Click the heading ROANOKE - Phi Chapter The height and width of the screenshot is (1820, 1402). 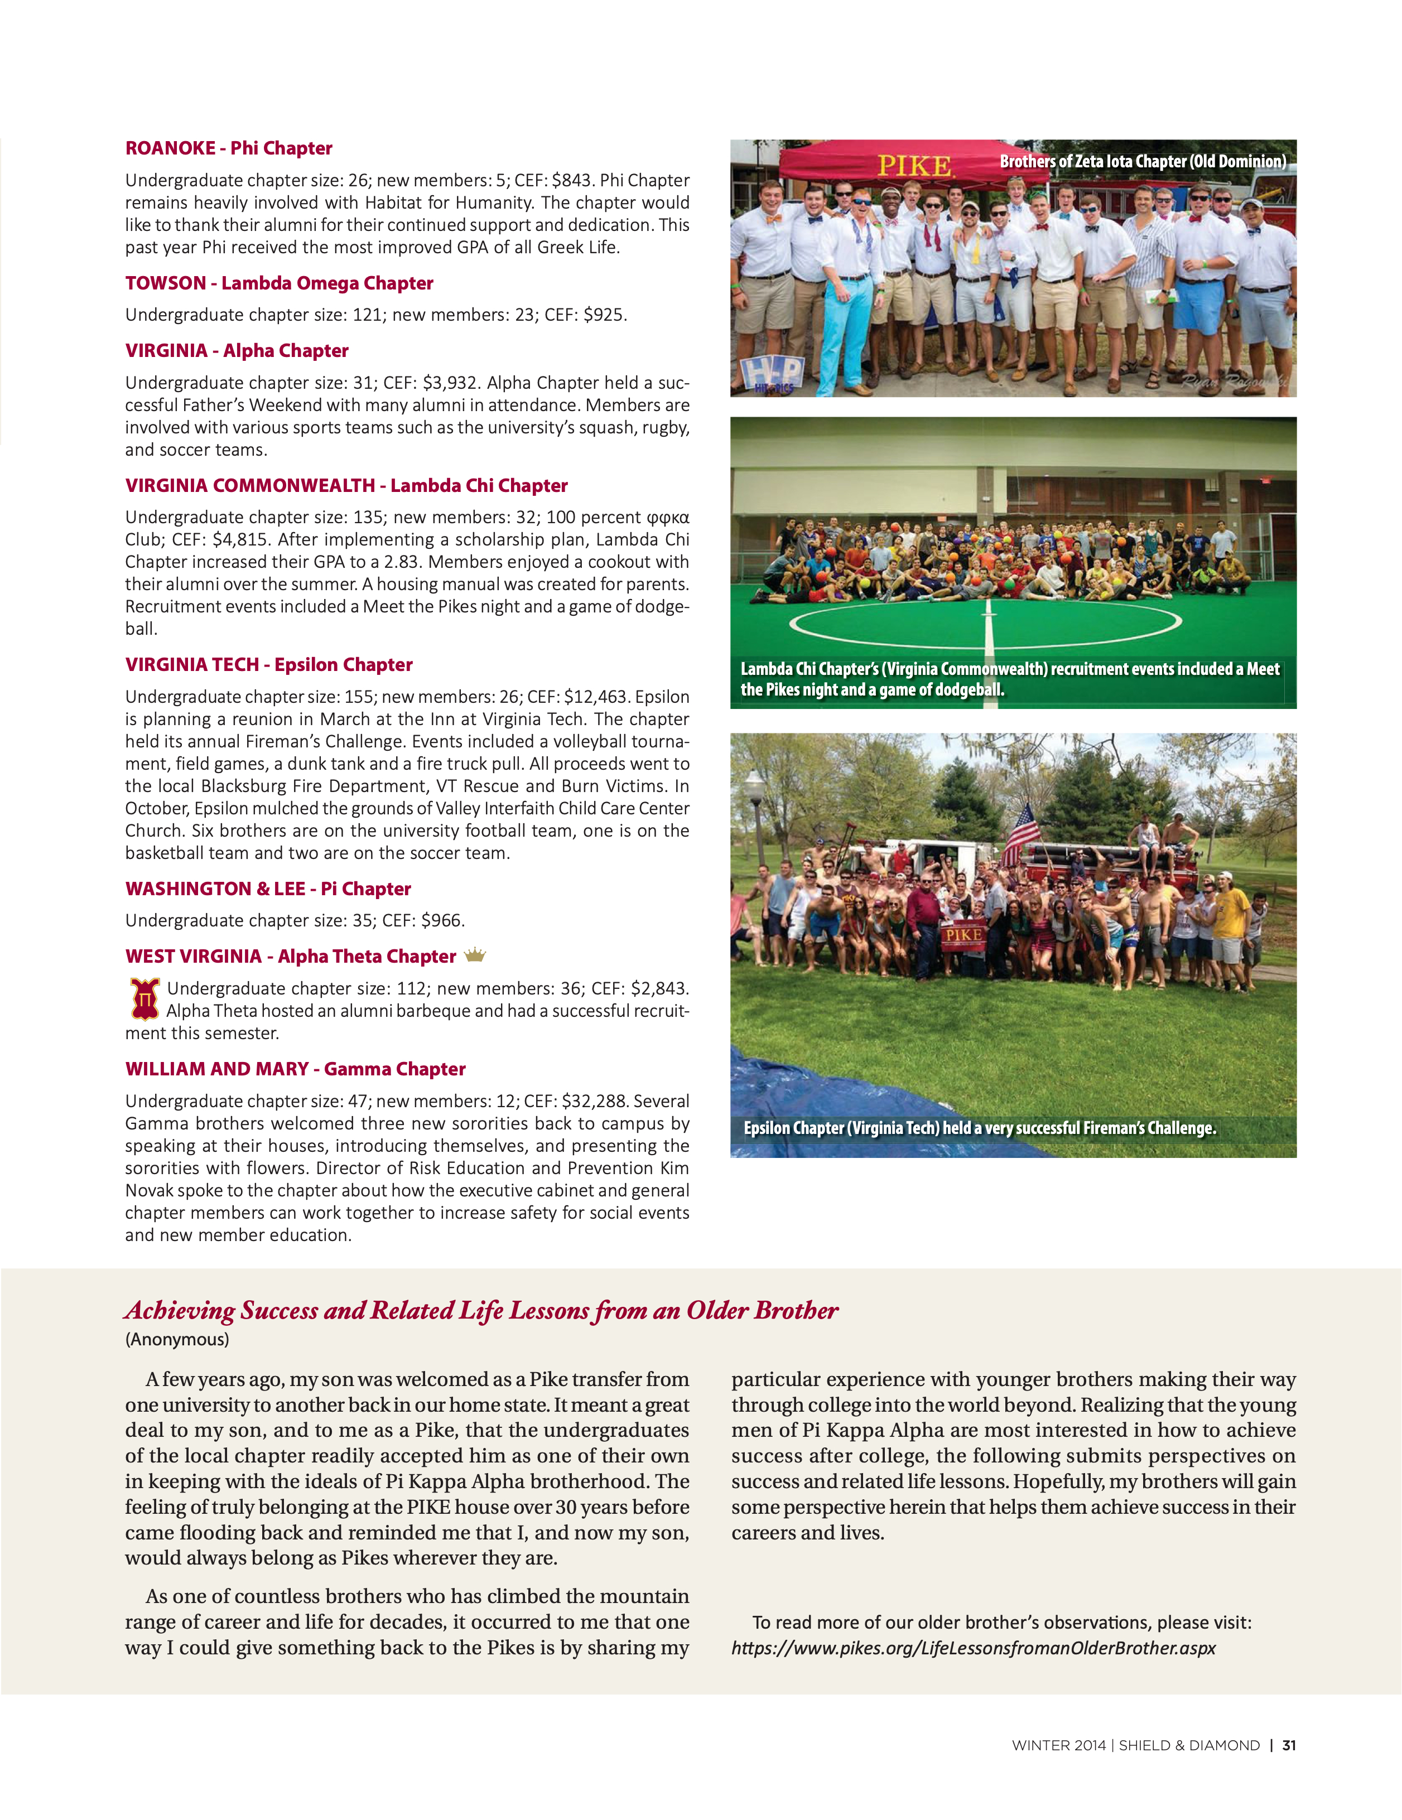tap(228, 148)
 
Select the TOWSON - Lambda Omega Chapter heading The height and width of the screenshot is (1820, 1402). tap(280, 283)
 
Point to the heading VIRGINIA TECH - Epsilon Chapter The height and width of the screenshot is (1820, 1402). tap(268, 665)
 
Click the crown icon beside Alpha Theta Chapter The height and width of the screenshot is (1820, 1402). tap(474, 955)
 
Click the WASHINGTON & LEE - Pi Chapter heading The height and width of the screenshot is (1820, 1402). tap(268, 889)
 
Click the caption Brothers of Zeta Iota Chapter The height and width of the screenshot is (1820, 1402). tap(1142, 162)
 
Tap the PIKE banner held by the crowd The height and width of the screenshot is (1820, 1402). tap(963, 935)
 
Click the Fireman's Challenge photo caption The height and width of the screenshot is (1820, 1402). tap(980, 1128)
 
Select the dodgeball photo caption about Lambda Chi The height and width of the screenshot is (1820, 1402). tap(1009, 679)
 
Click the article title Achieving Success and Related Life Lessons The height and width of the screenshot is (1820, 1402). tap(481, 1311)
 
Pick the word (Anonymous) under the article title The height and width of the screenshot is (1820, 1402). tap(177, 1339)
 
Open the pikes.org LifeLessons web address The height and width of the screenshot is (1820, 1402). tap(973, 1648)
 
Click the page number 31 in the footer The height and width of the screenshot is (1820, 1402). tap(1289, 1745)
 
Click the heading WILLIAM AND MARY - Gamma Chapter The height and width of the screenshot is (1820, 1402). tap(295, 1069)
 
